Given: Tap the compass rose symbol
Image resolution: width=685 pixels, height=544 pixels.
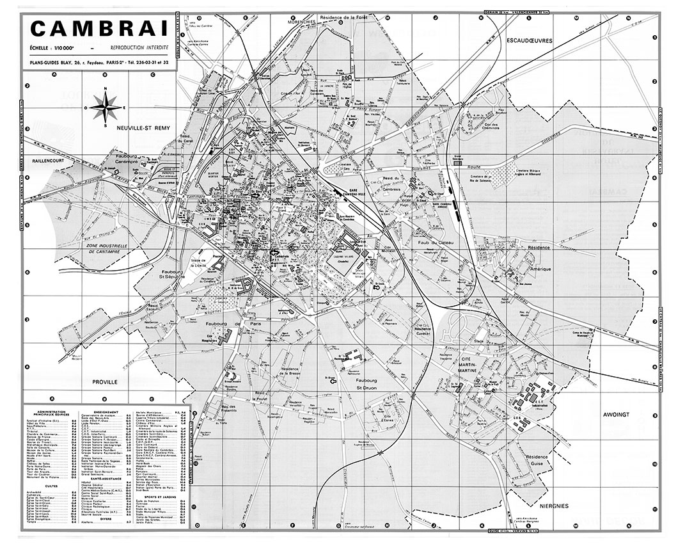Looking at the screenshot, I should point(105,107).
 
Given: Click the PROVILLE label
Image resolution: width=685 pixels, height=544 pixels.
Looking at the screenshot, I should point(105,381).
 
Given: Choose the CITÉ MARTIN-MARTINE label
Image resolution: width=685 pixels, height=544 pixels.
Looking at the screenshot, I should point(473,367).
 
